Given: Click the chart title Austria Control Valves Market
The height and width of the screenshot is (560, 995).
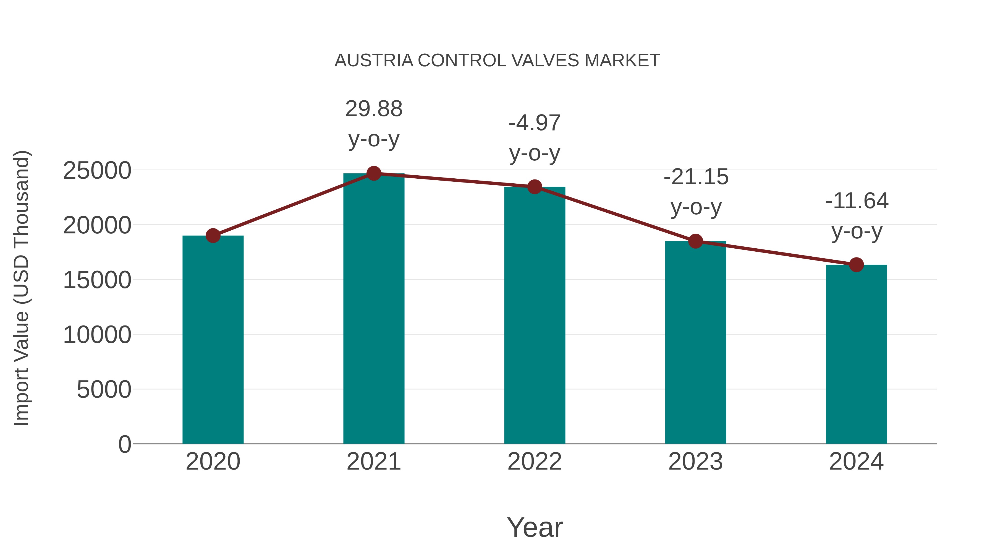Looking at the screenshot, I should coord(497,60).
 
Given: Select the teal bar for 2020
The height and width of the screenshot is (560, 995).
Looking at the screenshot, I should coord(213,340).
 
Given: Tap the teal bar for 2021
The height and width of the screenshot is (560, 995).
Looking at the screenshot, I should coord(373,309).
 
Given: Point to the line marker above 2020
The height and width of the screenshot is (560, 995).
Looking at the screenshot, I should coord(213,235).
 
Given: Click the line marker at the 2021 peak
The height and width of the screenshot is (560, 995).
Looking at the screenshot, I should coord(373,173).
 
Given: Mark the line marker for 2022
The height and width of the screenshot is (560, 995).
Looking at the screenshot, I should coord(535,187).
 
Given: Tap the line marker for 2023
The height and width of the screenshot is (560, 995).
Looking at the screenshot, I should coord(695,241).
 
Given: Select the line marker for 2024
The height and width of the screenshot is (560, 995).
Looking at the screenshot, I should coord(856,265).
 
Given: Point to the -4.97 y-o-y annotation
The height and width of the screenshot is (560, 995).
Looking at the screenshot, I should coord(535,138).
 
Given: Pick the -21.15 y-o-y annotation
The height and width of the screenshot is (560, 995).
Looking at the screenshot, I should coord(696,192).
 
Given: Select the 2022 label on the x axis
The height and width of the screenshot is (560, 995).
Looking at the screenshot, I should coord(535,462).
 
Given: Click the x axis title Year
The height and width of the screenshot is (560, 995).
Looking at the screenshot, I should coord(535,527).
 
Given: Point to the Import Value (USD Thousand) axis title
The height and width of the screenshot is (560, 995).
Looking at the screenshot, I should coord(22,288).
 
